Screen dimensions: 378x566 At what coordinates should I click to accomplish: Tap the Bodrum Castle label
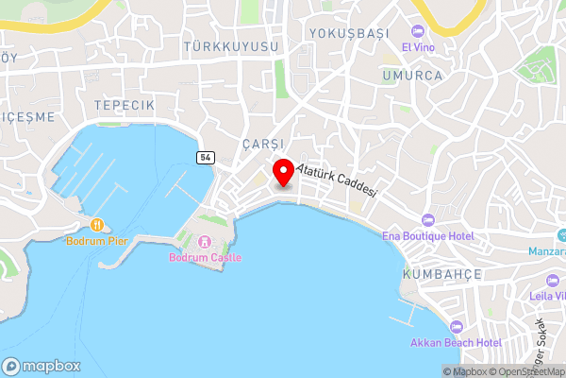206,257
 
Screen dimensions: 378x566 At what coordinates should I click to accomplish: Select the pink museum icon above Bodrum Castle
206,241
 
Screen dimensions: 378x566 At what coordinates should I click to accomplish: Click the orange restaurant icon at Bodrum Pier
97,225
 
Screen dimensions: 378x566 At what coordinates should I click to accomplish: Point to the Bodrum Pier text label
97,241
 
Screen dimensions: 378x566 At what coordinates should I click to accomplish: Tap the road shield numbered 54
205,157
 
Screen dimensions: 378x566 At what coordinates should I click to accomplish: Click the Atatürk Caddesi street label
337,180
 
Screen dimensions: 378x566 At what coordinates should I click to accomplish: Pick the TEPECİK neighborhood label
124,104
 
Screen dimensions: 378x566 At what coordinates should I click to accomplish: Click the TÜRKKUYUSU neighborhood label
231,46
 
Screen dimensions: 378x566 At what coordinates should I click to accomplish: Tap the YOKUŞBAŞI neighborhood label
349,33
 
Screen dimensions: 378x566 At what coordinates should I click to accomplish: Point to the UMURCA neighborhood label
412,76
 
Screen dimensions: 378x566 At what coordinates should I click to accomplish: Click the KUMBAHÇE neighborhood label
441,274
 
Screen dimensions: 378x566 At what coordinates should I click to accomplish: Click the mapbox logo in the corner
42,366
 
